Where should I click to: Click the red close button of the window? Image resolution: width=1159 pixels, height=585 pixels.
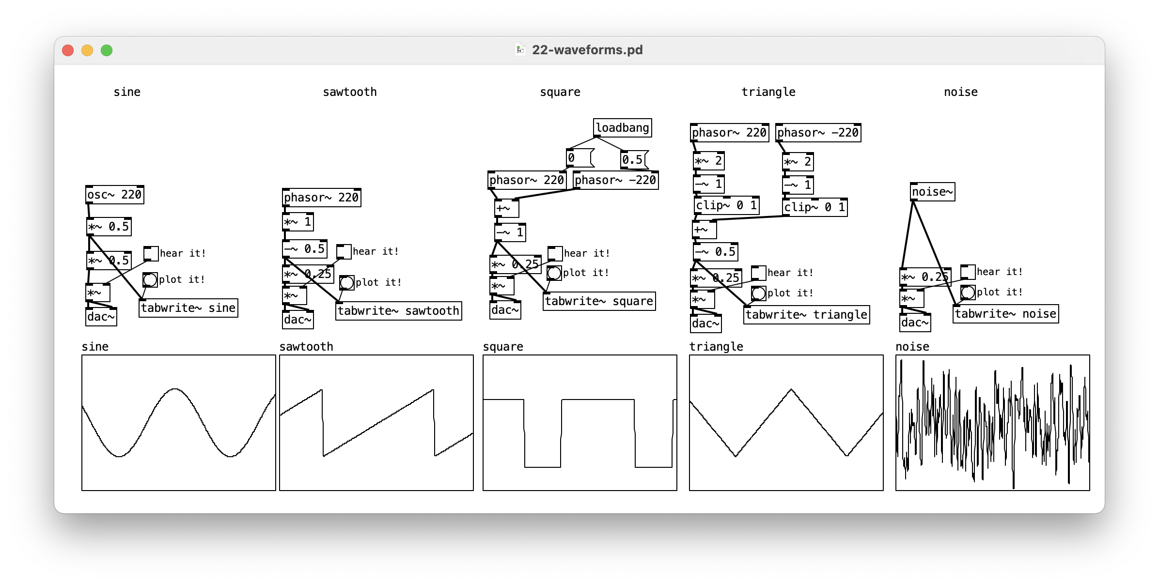pyautogui.click(x=68, y=50)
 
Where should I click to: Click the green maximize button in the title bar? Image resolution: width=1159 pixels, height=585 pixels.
pyautogui.click(x=107, y=50)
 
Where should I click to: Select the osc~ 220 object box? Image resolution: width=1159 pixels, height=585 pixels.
pyautogui.click(x=115, y=195)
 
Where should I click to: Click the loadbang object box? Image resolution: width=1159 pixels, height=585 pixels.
pyautogui.click(x=622, y=128)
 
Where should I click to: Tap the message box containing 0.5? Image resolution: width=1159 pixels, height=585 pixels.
pyautogui.click(x=633, y=160)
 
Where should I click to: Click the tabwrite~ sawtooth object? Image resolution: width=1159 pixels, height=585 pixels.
pyautogui.click(x=398, y=311)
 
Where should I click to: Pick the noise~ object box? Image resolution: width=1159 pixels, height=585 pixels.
pyautogui.click(x=932, y=192)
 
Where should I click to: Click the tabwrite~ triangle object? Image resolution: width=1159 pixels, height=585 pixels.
pyautogui.click(x=806, y=315)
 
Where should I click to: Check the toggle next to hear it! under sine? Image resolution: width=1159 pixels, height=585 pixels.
pyautogui.click(x=151, y=253)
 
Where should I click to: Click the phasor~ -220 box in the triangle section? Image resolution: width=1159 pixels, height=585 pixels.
pyautogui.click(x=818, y=133)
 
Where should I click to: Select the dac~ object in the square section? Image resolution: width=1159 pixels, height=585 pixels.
pyautogui.click(x=505, y=310)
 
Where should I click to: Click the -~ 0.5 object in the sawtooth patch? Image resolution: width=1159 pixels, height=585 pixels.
pyautogui.click(x=304, y=249)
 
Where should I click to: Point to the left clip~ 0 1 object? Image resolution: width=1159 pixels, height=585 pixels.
pyautogui.click(x=726, y=205)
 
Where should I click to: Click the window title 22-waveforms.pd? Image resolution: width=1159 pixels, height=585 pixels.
pyautogui.click(x=587, y=50)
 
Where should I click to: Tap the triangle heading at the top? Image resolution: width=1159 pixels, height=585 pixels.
pyautogui.click(x=768, y=92)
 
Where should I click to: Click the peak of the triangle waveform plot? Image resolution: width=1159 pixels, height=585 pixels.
pyautogui.click(x=791, y=389)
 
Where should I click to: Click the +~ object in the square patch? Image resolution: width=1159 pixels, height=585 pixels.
pyautogui.click(x=506, y=209)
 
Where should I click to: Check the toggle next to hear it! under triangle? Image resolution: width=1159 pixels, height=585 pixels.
pyautogui.click(x=758, y=273)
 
